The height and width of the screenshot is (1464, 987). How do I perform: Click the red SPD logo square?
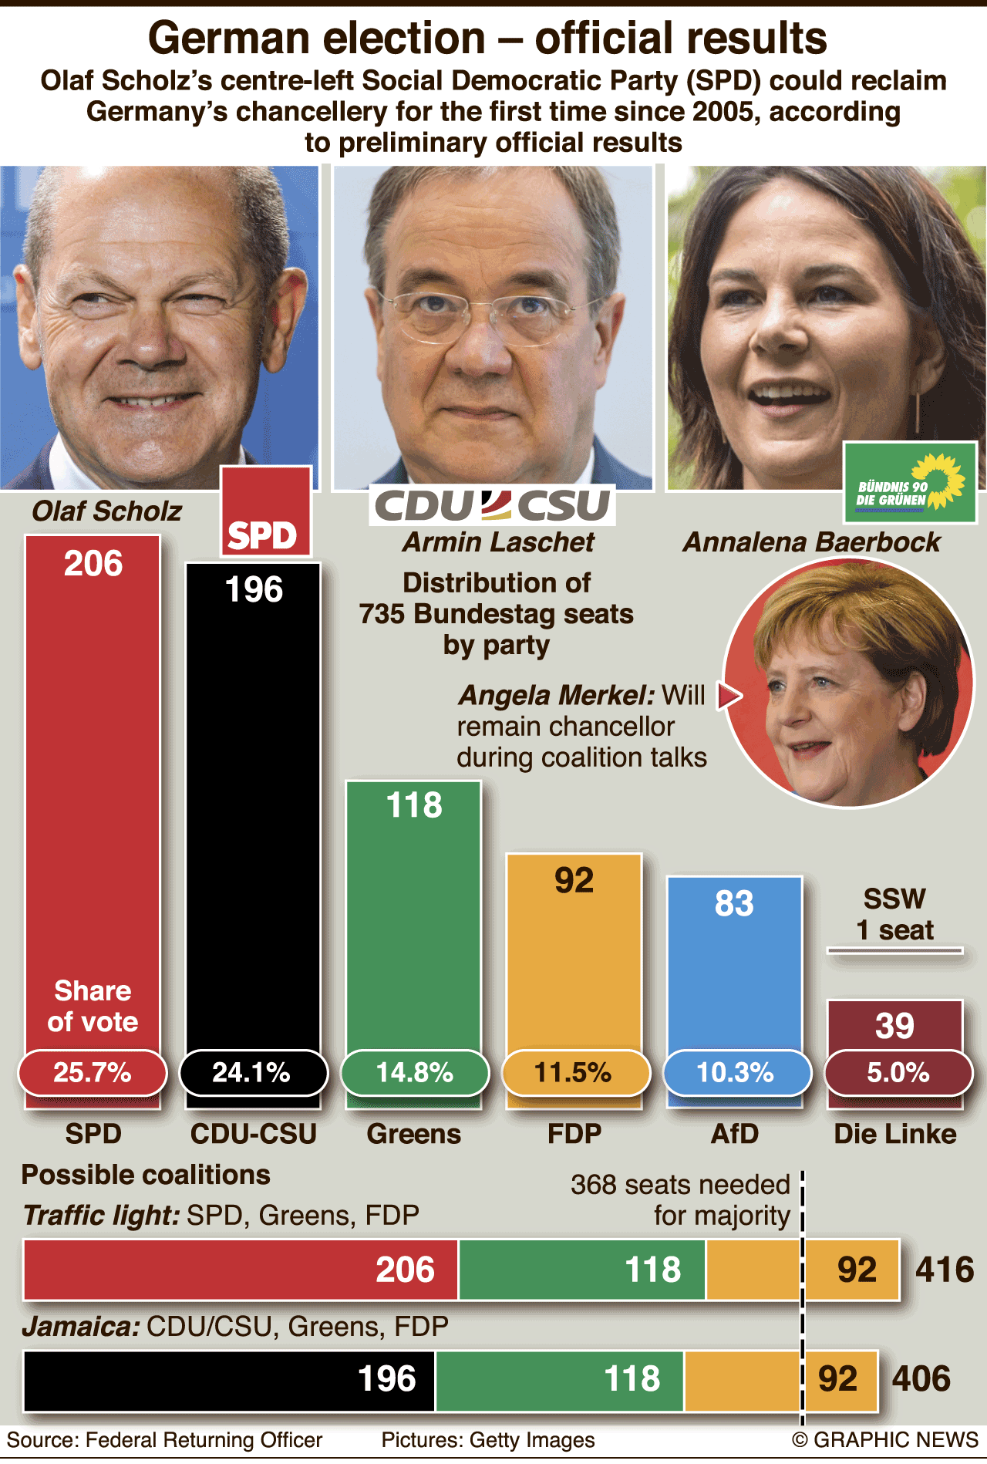click(266, 511)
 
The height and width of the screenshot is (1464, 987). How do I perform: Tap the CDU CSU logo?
click(492, 505)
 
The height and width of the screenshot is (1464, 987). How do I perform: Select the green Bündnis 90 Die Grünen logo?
click(910, 482)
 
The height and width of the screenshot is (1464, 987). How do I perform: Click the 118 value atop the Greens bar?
click(414, 805)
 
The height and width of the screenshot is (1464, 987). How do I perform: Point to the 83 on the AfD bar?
click(734, 903)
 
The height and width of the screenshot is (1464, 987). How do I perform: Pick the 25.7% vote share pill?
click(93, 1072)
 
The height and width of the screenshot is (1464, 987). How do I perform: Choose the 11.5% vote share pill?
click(574, 1072)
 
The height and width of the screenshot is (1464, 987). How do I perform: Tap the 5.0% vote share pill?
click(898, 1072)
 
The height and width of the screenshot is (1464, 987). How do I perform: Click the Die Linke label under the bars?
click(894, 1134)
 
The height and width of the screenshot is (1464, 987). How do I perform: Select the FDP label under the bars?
click(574, 1134)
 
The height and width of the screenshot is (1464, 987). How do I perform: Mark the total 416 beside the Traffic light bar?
click(945, 1270)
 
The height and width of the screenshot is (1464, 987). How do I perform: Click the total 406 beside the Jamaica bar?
click(921, 1379)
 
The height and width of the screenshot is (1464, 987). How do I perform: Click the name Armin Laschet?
click(498, 542)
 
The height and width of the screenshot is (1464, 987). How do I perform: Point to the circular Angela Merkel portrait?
click(848, 683)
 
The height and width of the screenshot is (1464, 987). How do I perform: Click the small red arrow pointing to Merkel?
click(729, 696)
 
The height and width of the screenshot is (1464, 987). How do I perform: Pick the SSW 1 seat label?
click(894, 915)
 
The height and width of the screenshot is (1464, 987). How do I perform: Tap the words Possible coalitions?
click(146, 1175)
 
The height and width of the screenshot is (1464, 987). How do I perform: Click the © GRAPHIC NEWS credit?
click(885, 1440)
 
